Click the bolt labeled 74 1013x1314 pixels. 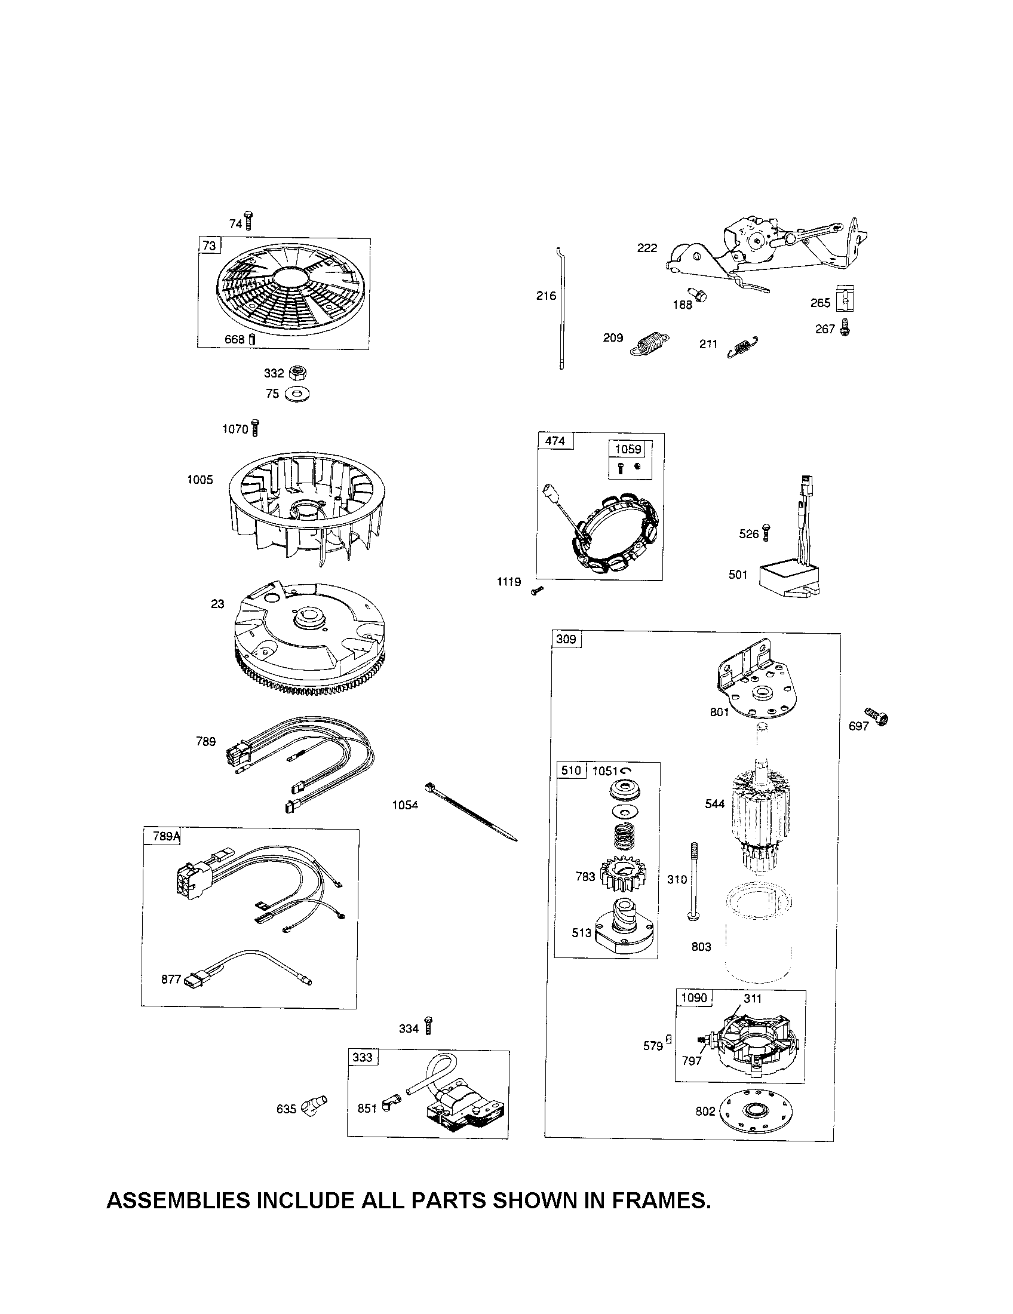click(248, 221)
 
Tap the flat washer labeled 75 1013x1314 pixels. click(297, 395)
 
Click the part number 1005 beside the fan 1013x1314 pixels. click(199, 480)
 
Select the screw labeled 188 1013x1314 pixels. click(699, 296)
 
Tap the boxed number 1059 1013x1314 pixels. click(628, 449)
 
